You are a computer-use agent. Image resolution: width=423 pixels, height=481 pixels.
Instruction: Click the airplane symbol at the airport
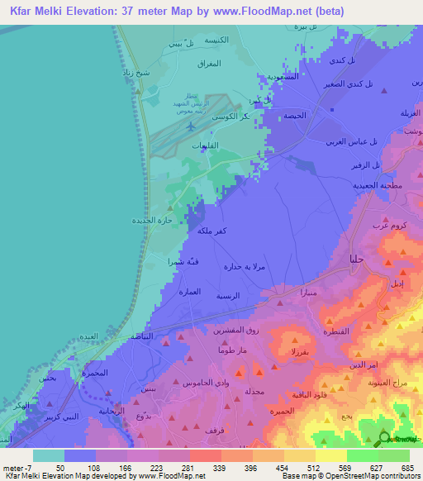(x=192, y=126)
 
